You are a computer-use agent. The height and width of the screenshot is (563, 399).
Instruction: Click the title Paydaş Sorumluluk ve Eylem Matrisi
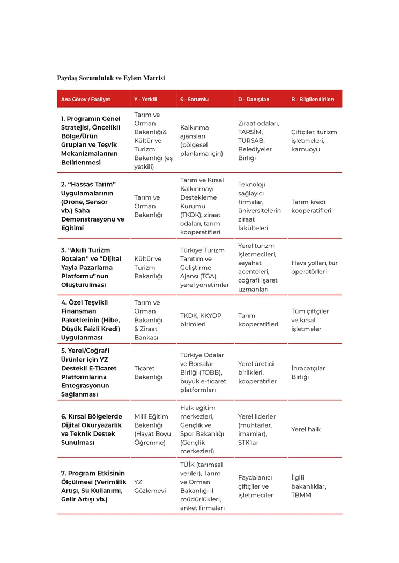(111, 78)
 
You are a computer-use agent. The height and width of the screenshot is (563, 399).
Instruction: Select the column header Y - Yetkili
(145, 100)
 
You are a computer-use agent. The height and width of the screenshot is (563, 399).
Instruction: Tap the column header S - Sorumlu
(194, 100)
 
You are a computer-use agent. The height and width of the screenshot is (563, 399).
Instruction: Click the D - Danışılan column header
(254, 100)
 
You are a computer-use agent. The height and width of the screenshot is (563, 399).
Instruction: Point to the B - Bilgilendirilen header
(313, 100)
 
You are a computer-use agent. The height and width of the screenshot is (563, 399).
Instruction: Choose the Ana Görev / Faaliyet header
(86, 100)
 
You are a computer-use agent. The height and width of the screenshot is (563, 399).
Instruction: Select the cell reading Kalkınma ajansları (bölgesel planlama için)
(202, 140)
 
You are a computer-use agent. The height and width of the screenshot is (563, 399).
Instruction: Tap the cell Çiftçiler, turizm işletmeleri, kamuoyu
(314, 140)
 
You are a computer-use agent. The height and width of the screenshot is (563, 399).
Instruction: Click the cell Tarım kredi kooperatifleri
(312, 206)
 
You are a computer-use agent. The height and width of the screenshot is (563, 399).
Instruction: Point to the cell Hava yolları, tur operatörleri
(314, 267)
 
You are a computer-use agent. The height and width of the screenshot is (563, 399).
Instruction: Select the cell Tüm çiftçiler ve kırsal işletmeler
(311, 319)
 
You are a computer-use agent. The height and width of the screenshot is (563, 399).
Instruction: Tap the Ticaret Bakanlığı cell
(148, 372)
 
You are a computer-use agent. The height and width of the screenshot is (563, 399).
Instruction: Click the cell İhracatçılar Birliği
(308, 372)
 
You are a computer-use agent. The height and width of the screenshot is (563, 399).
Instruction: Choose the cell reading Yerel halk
(306, 429)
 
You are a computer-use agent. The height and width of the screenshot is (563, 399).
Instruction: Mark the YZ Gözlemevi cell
(150, 486)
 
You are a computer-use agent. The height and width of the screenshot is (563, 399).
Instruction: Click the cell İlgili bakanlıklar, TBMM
(308, 486)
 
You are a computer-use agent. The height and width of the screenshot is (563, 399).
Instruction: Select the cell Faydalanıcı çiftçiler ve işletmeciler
(256, 486)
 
